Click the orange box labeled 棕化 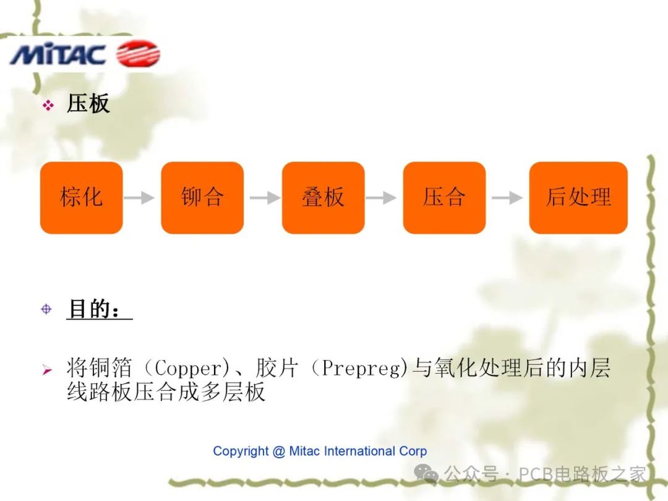pos(81,198)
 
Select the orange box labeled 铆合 pos(202,198)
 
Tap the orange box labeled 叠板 pos(323,198)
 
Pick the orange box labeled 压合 pos(444,198)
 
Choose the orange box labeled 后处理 pos(578,198)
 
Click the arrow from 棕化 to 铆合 pos(139,198)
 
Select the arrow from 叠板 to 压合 pos(381,198)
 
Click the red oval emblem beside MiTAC pos(138,54)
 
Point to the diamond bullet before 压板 pos(48,106)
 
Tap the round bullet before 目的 pos(47,309)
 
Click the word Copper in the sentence pos(187,369)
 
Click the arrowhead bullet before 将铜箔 pos(47,371)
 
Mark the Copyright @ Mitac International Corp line pos(320,451)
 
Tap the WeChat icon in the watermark pos(427,474)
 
